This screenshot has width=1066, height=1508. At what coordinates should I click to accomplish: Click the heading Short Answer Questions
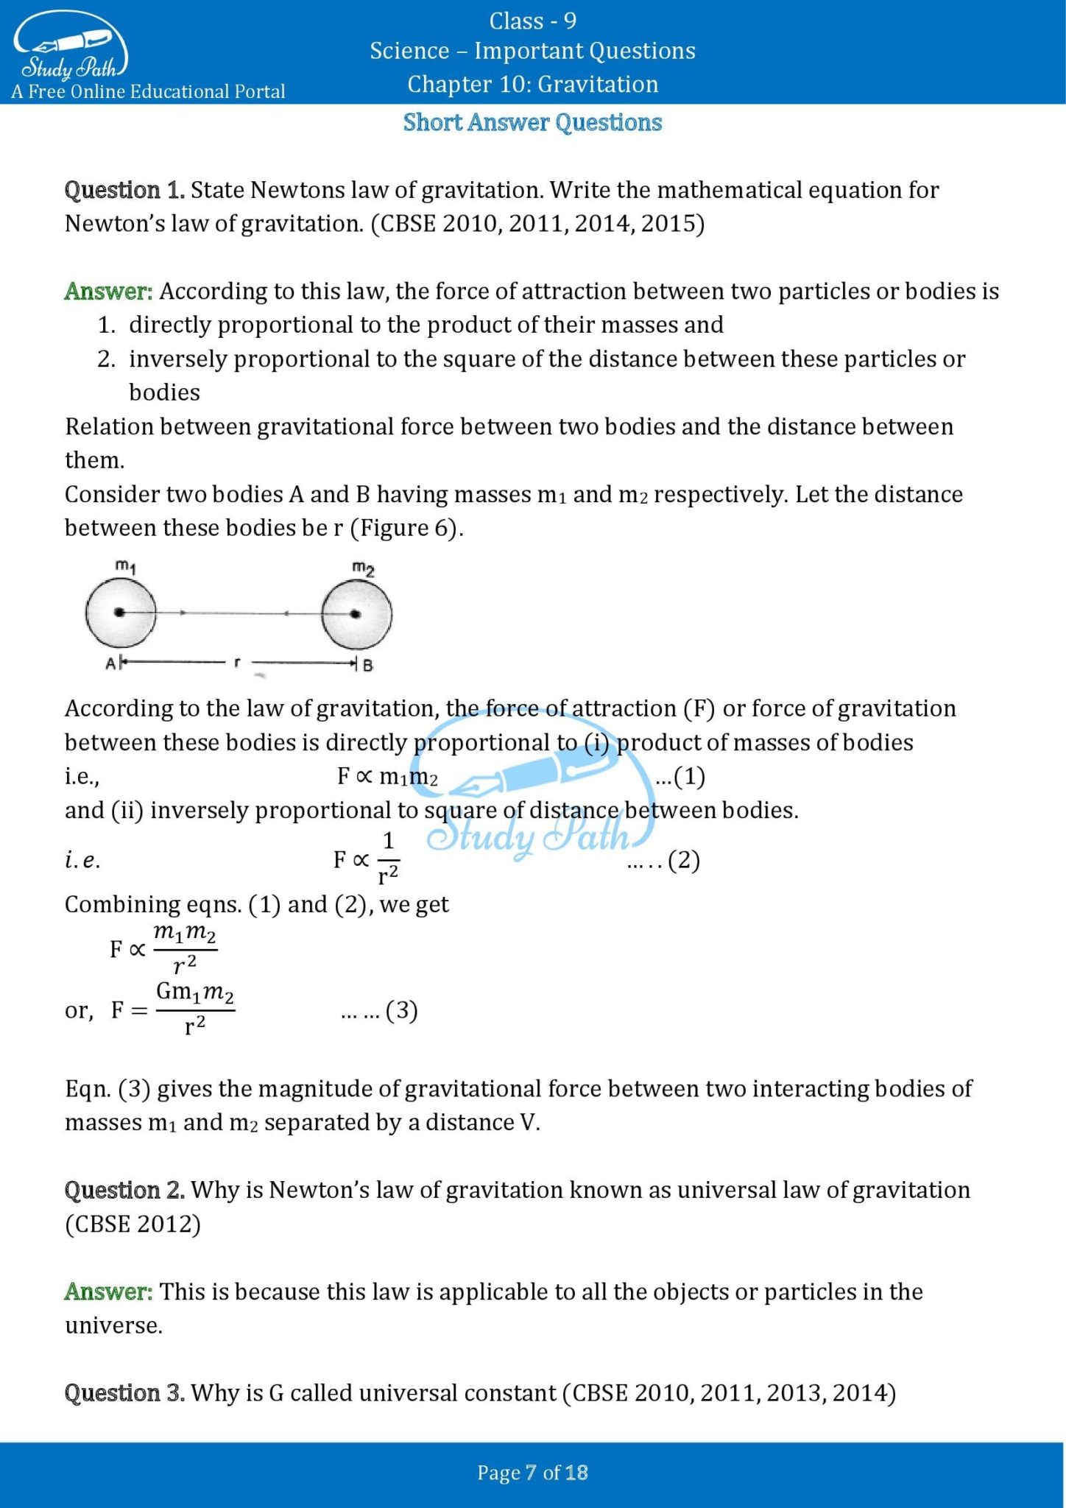point(532,122)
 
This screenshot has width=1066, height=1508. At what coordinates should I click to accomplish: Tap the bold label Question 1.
point(124,190)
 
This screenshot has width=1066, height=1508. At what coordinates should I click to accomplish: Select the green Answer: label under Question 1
point(108,291)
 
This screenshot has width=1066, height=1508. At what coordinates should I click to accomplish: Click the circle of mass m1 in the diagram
point(120,613)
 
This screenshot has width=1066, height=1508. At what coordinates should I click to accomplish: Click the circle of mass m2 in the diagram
point(356,613)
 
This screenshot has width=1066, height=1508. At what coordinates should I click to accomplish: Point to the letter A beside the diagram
point(110,663)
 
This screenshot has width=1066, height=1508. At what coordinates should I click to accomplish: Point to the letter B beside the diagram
point(367,665)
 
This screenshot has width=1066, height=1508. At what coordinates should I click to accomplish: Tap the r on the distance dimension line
point(236,663)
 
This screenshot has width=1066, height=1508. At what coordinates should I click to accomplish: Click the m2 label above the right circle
point(363,568)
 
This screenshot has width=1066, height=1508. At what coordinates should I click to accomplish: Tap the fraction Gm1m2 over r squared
point(194,1008)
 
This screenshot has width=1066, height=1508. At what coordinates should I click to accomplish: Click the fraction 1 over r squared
point(388,858)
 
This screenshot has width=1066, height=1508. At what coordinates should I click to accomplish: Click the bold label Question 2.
point(124,1190)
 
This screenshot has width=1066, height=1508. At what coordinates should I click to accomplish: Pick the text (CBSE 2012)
point(133,1224)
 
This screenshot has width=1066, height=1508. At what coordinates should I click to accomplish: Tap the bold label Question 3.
point(124,1393)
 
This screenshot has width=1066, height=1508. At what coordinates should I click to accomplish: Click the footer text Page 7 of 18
point(532,1473)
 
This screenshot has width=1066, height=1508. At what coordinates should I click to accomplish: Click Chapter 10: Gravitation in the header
point(532,84)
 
